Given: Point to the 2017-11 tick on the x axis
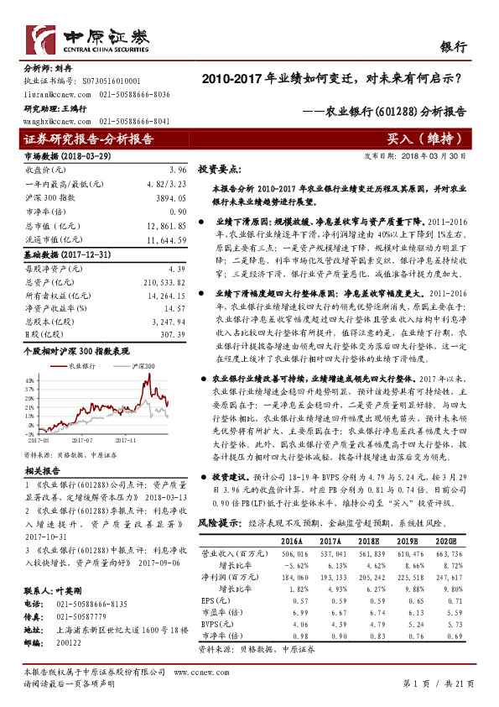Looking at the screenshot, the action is click(124, 437).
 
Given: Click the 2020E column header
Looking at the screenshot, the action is click(449, 519).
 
